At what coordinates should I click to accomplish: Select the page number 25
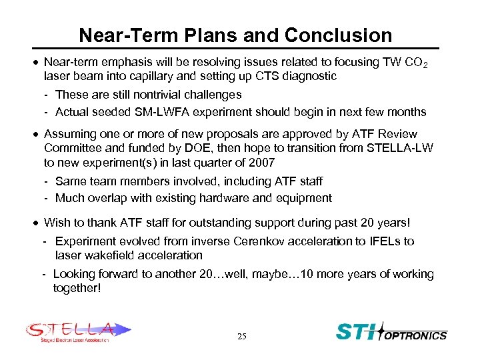(241, 337)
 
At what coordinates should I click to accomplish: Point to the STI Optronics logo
(391, 332)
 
